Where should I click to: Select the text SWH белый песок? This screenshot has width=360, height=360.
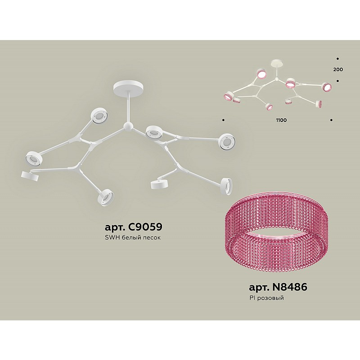click(133, 238)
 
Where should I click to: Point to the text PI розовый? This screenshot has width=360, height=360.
click(266, 298)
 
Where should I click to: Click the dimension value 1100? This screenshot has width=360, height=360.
click(282, 120)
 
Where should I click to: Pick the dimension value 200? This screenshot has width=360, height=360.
click(338, 69)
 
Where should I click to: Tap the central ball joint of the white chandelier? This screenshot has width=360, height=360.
click(127, 126)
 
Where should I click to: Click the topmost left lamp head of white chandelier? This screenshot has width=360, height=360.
click(99, 116)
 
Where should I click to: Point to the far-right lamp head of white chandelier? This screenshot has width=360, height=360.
click(226, 142)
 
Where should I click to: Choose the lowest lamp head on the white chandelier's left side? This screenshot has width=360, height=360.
click(106, 197)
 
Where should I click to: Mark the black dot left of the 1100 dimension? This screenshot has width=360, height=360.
click(223, 120)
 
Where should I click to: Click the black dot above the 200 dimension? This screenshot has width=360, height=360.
click(338, 59)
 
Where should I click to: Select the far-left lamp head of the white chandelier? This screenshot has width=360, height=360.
click(33, 158)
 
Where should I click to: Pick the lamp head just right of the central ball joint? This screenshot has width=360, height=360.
click(153, 132)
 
